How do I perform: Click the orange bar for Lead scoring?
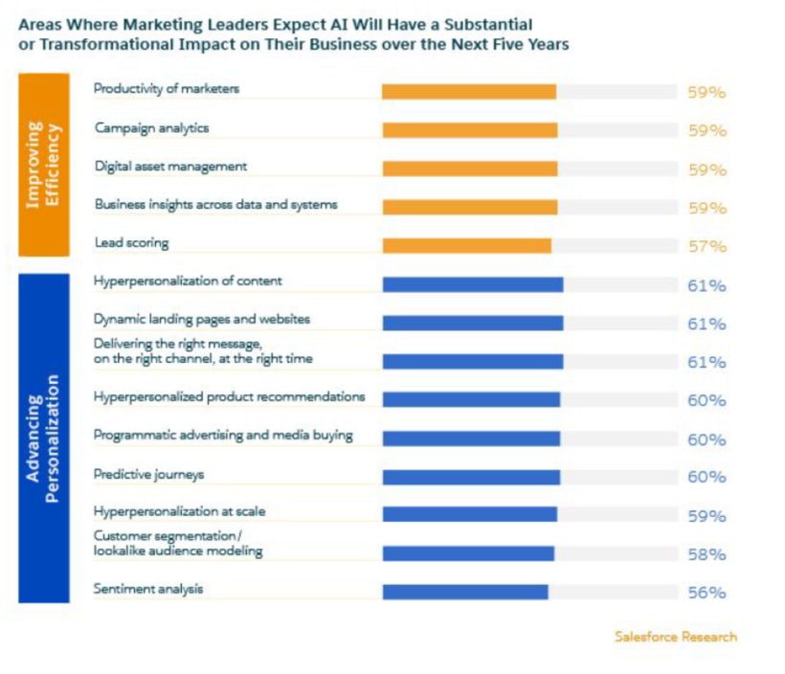pos(466,246)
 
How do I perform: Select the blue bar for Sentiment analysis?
pos(465,592)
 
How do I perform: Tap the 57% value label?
pos(706,246)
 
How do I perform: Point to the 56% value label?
pos(706,593)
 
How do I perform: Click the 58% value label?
pos(706,554)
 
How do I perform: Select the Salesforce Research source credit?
pos(676,637)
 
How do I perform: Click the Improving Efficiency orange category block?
pos(44,165)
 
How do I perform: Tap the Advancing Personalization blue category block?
pos(44,438)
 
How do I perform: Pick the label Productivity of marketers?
pos(167,89)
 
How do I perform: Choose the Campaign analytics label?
pos(151,127)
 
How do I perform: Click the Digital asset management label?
pos(170,167)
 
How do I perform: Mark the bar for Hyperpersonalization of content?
pos(472,284)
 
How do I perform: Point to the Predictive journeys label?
pos(148,474)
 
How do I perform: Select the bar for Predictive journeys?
pos(471,477)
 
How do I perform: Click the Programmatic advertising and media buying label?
pos(223,436)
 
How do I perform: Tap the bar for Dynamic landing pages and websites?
pos(472,324)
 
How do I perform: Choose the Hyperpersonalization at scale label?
pos(180,512)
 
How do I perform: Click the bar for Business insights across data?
pos(469,206)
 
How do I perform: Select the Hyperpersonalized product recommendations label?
pos(229,396)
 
